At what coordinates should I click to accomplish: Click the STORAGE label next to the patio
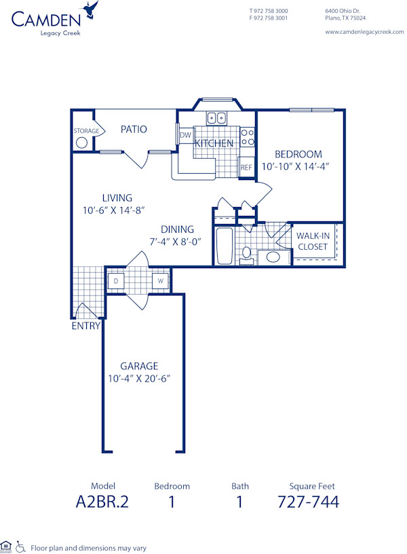click(x=87, y=131)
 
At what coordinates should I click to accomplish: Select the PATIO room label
click(x=134, y=129)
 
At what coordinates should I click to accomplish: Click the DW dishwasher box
click(x=185, y=136)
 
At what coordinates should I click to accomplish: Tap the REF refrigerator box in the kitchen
click(x=246, y=167)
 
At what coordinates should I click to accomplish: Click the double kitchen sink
click(x=217, y=118)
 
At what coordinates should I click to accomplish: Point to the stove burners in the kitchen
click(x=248, y=137)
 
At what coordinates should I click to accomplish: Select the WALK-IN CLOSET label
click(x=313, y=241)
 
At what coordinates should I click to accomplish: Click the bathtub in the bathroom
click(x=225, y=245)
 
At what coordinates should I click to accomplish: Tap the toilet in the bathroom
click(x=247, y=255)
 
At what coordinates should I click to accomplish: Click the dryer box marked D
click(x=116, y=280)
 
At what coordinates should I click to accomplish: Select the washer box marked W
click(x=161, y=280)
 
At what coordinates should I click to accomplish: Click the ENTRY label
click(x=86, y=326)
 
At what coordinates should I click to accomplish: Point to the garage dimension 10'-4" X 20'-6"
click(x=139, y=378)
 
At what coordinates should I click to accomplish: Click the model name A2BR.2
click(x=103, y=502)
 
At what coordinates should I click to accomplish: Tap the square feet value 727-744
click(x=308, y=502)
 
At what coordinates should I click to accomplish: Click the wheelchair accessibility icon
click(x=20, y=547)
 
